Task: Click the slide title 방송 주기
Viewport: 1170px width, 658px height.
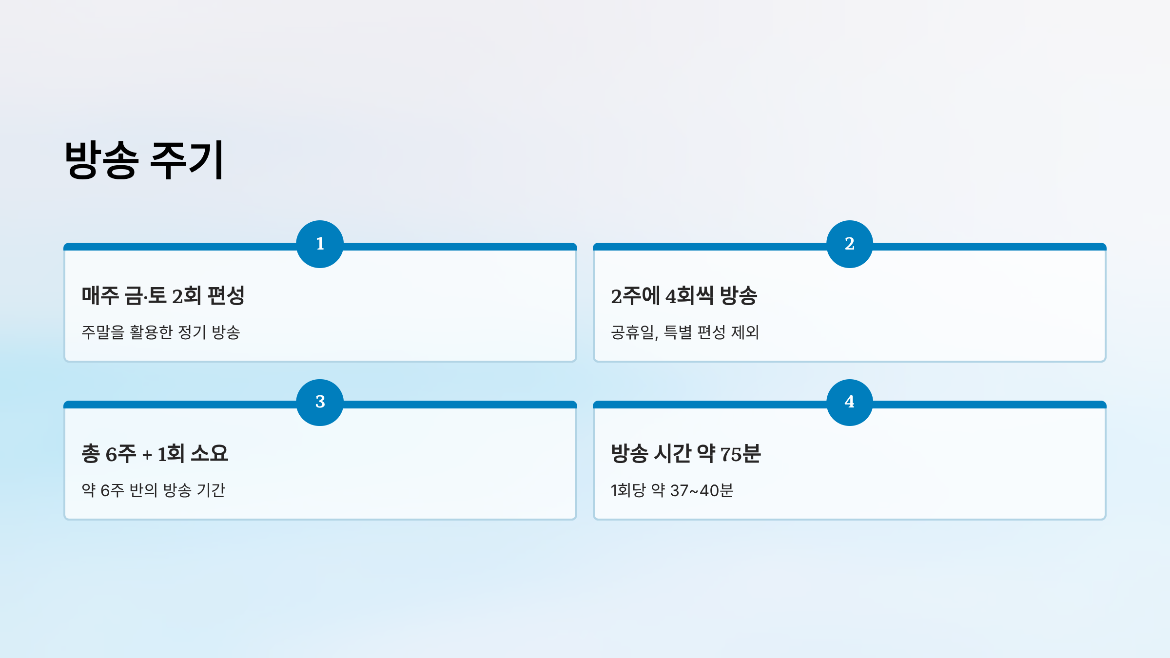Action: pos(144,160)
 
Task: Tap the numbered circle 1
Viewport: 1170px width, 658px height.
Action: pos(320,244)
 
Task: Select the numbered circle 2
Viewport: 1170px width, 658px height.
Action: pos(849,244)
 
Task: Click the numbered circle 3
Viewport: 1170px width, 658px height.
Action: pos(320,402)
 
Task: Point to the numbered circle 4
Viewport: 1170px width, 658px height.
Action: pos(849,402)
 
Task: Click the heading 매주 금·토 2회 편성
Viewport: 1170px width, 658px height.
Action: pos(163,295)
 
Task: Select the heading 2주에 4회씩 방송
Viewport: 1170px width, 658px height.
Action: pos(684,295)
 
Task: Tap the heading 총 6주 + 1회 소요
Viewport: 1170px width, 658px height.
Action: pos(155,454)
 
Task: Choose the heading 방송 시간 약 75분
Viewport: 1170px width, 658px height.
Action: pos(685,454)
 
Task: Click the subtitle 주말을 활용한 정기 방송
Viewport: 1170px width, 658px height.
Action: pos(161,332)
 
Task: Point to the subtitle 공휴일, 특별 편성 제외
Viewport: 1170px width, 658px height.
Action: pos(685,332)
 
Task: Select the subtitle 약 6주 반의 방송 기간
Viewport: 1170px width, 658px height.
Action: pos(153,490)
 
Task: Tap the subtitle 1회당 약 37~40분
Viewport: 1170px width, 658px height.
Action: pos(672,490)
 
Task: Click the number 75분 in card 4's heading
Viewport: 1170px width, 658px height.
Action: pos(740,454)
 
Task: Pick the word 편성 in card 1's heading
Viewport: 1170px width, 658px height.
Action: pos(226,295)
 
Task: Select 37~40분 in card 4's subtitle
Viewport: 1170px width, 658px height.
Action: pos(702,490)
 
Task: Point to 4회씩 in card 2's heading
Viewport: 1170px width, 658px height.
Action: pos(689,295)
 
